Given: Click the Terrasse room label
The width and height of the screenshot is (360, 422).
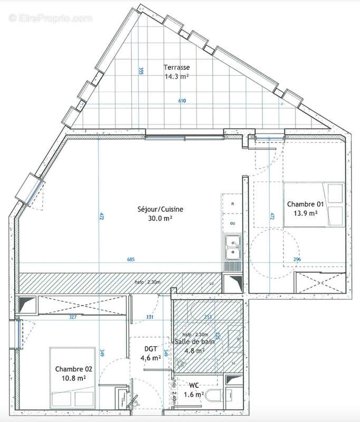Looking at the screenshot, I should coord(176,68).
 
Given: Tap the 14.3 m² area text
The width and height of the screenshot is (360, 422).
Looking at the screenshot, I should coord(176,76).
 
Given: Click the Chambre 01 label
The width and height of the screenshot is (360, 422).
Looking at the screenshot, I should coord(305,204).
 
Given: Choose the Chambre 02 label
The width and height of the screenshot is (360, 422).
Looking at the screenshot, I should coord(71,369).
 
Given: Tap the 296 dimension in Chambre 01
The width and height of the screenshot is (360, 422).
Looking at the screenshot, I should coord(298,259).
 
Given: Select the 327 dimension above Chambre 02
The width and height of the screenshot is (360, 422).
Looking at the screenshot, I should coord(73,318).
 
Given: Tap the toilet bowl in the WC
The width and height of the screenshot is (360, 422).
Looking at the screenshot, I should coord(213,397).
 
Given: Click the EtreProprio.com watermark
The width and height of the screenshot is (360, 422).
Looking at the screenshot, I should coord(51,18).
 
